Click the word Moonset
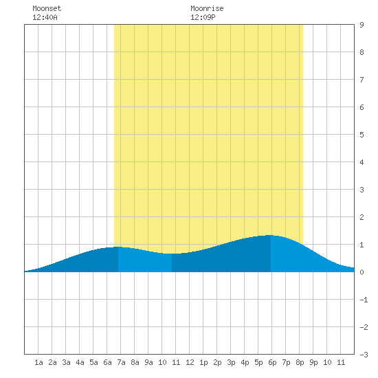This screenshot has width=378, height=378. [x=47, y=8]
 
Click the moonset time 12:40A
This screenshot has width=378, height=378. [x=45, y=17]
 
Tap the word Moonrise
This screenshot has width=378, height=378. [x=207, y=8]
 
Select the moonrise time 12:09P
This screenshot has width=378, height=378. [x=203, y=17]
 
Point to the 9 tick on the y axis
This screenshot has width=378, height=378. [x=362, y=25]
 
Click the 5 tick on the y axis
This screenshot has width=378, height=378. [x=362, y=135]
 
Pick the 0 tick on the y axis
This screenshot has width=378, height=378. [x=362, y=272]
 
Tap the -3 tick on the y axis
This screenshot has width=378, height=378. [x=364, y=355]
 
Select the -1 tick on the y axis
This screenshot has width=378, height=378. [x=364, y=300]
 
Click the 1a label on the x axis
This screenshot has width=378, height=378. [x=38, y=362]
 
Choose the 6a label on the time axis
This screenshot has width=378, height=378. [x=107, y=362]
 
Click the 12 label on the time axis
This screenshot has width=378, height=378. [x=190, y=362]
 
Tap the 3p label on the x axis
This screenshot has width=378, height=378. [x=231, y=362]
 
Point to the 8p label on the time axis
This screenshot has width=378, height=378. [x=300, y=362]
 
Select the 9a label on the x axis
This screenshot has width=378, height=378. [x=148, y=362]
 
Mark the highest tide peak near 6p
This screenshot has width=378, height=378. [x=271, y=235]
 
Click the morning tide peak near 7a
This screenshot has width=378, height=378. [x=118, y=247]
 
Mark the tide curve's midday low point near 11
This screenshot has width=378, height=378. [x=172, y=254]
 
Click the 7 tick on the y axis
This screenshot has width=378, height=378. [x=362, y=80]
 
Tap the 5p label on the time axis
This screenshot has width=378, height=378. [x=258, y=362]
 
